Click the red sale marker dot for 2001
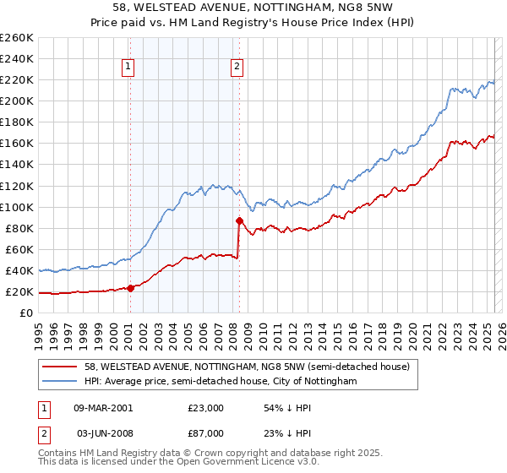tap(131, 288)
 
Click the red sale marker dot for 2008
tap(239, 220)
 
